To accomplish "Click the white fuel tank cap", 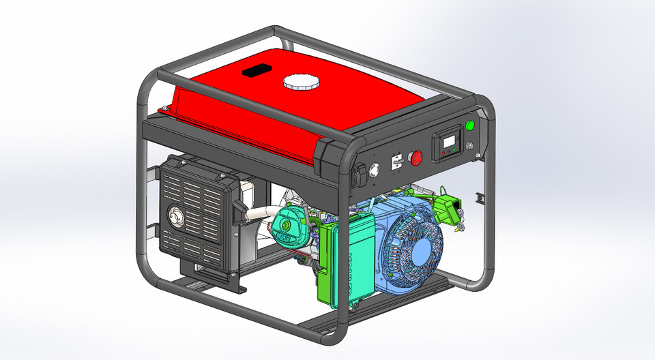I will coord(300,82).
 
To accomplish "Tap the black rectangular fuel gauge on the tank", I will coord(257,70).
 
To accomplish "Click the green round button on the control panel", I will coord(469,125).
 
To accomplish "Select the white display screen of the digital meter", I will coord(448,143).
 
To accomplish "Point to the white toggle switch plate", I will coord(395,163).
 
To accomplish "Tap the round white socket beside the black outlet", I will coord(374,168).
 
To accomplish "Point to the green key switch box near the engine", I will coord(450,207).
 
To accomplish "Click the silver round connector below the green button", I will coord(469,145).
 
